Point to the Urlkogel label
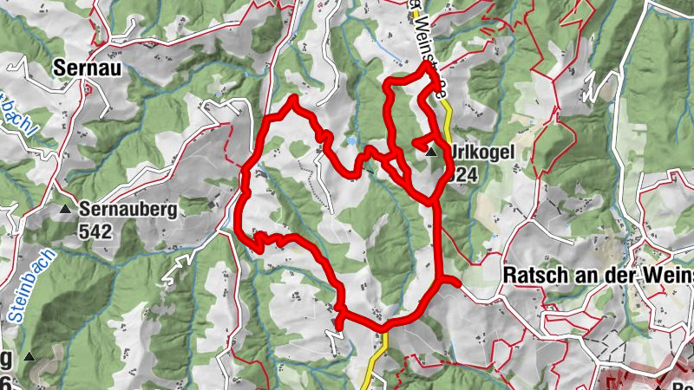pyautogui.click(x=482, y=153)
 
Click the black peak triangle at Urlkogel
pyautogui.click(x=431, y=153)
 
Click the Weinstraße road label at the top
pyautogui.click(x=425, y=35)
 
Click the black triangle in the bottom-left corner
pyautogui.click(x=30, y=355)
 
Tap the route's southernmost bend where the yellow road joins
pyautogui.click(x=383, y=327)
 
